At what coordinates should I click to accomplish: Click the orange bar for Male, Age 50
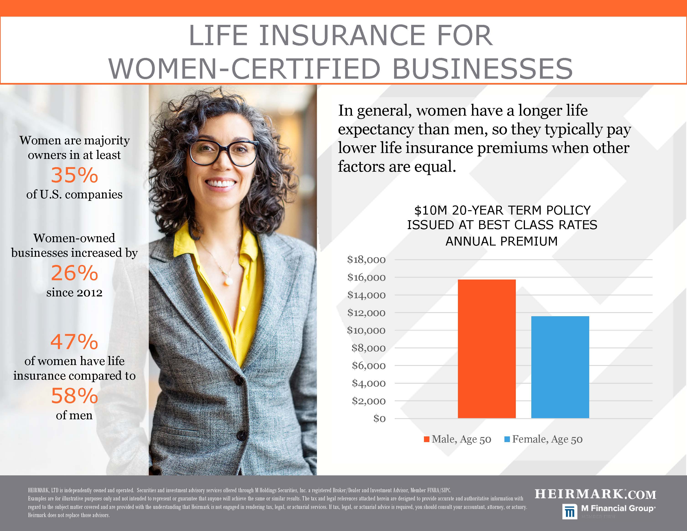tap(487, 349)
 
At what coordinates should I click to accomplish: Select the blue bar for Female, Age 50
tap(560, 367)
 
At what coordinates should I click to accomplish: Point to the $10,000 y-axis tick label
tap(366, 330)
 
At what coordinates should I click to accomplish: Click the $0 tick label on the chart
tap(379, 418)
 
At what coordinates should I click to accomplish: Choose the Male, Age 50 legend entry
tap(458, 439)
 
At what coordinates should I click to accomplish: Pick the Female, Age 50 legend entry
tap(543, 439)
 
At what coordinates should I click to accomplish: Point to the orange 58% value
tap(75, 396)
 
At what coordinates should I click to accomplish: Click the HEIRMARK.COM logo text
tap(595, 494)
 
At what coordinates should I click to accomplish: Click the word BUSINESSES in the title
tap(483, 69)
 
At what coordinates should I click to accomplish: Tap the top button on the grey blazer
tap(239, 381)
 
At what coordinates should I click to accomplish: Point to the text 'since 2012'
tap(75, 293)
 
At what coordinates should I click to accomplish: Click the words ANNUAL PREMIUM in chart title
tap(502, 241)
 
